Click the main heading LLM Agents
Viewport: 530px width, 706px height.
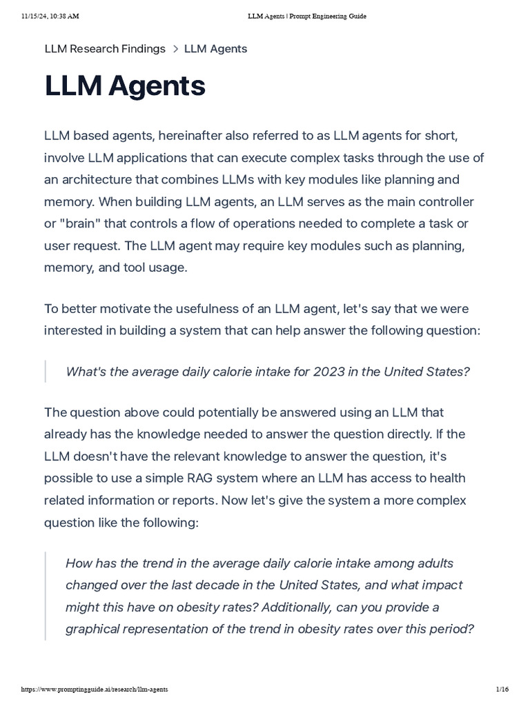pos(125,87)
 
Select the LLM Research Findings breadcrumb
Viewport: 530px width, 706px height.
pos(105,49)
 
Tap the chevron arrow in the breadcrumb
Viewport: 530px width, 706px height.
pos(175,49)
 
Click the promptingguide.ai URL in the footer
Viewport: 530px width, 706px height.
pos(95,689)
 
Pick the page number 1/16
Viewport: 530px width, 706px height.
pos(502,689)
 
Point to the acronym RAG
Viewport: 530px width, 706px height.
pos(195,478)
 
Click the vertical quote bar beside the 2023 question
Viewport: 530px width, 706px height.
pos(46,372)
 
